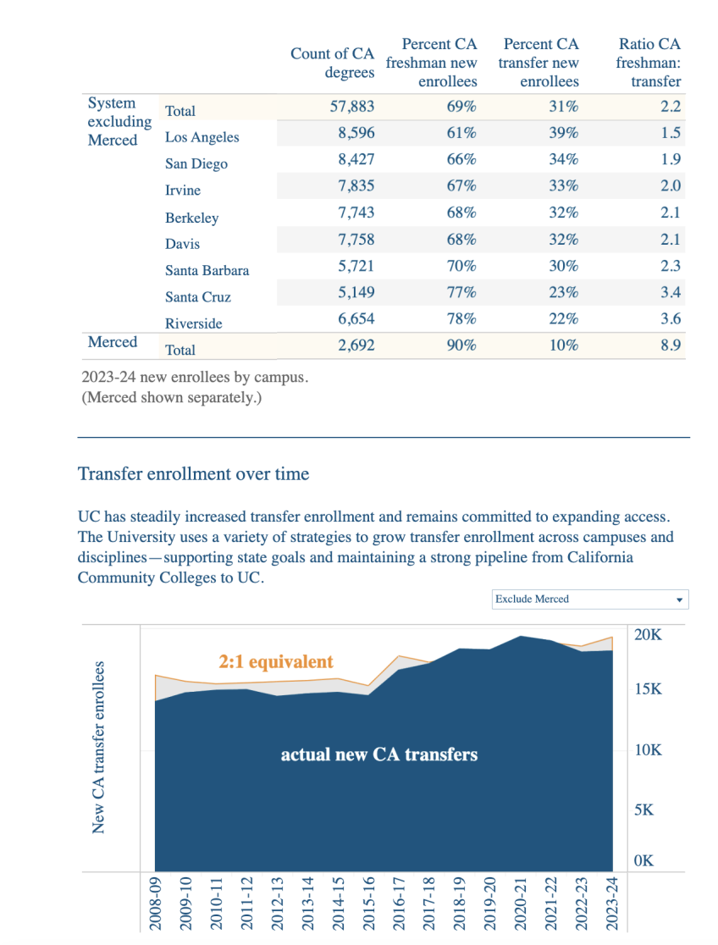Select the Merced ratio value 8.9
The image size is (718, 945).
(671, 345)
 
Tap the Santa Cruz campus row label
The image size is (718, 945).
(198, 297)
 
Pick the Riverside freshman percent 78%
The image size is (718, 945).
(461, 319)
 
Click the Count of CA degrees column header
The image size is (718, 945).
(332, 63)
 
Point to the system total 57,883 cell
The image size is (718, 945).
(351, 107)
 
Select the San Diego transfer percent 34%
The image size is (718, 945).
(563, 159)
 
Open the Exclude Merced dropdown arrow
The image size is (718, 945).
(679, 600)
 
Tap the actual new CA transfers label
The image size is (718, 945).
(378, 754)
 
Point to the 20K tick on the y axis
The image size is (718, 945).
(649, 634)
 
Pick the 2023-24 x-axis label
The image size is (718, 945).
(612, 904)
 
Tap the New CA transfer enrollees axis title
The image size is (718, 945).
(99, 748)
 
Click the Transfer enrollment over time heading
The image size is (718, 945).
(193, 474)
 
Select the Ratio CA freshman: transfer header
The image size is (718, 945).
(649, 63)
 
